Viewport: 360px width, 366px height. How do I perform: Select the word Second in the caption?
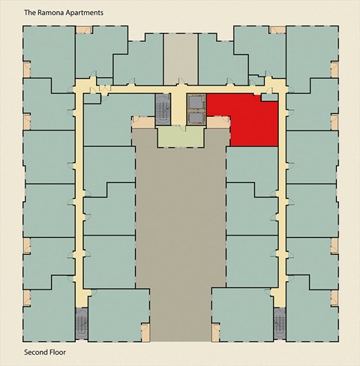37,352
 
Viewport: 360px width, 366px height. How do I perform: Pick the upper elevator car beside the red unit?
196,101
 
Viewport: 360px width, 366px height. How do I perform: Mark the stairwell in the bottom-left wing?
81,323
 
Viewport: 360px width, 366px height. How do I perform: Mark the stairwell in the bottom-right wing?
280,323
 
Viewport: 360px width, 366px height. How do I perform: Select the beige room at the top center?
180,55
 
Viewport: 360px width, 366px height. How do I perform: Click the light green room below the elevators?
180,136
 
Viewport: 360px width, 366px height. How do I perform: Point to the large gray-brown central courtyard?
180,225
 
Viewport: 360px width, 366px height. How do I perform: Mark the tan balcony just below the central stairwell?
142,121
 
